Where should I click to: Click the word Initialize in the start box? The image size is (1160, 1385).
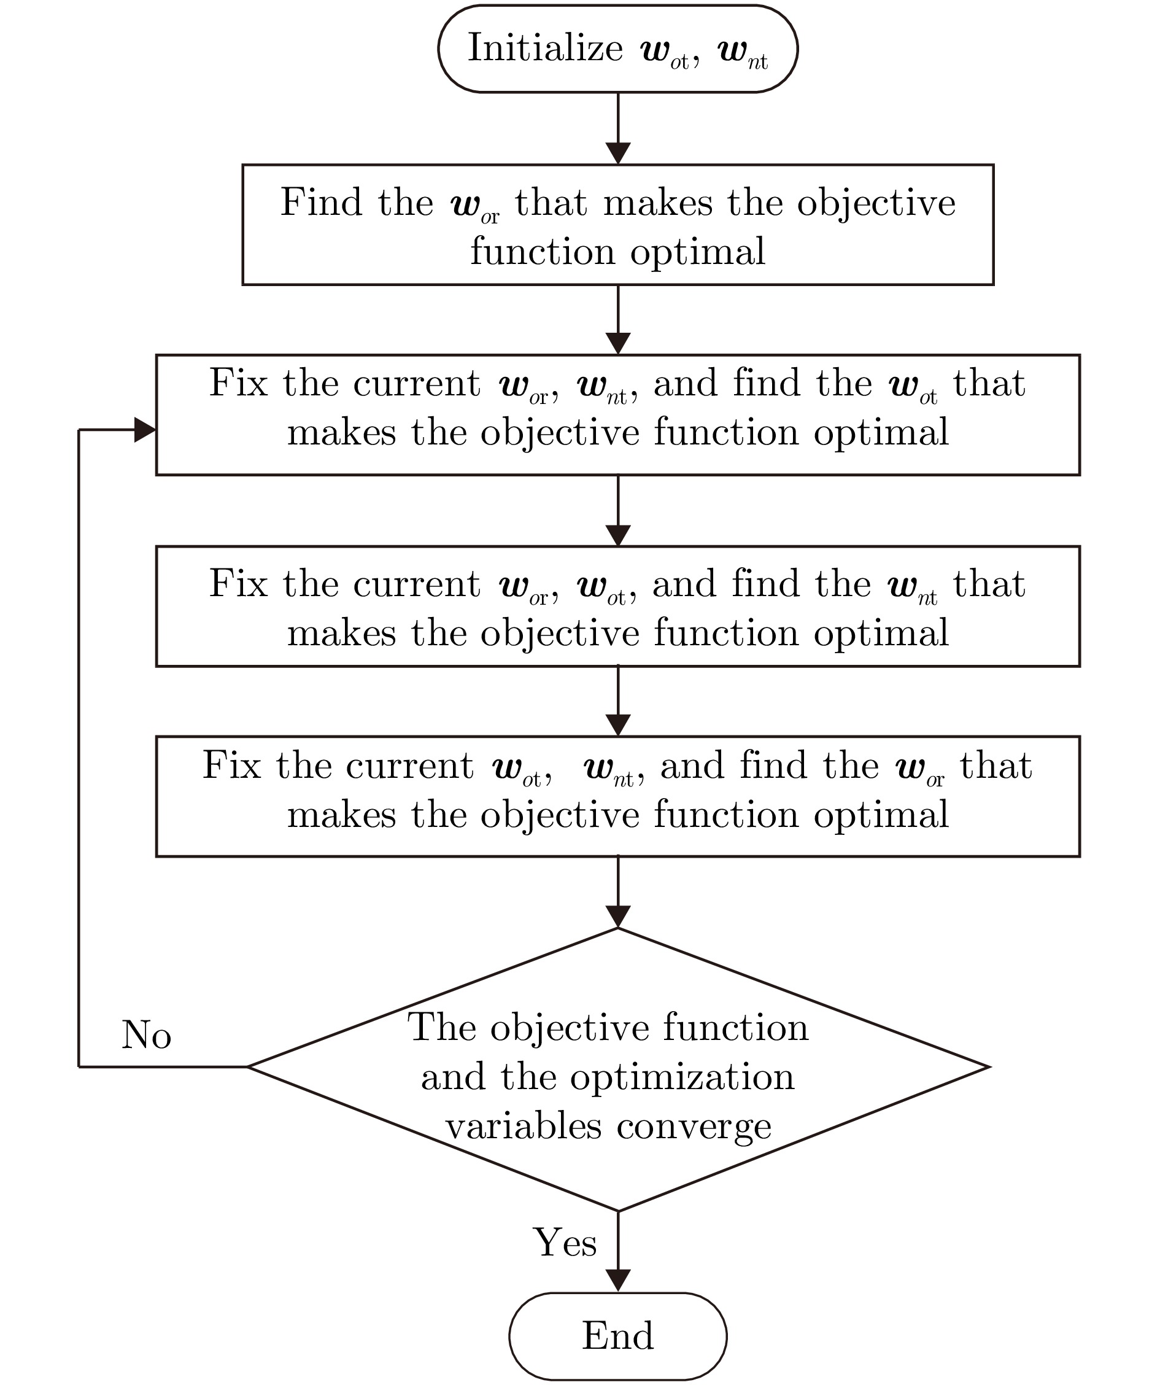[x=546, y=48]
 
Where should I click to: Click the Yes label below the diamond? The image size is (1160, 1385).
[x=565, y=1243]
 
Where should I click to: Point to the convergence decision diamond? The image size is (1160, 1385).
[x=618, y=1069]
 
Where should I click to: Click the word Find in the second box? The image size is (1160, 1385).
[x=321, y=202]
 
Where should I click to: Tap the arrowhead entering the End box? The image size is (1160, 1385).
[x=618, y=1280]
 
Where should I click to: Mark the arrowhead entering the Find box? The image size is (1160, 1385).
[x=618, y=153]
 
